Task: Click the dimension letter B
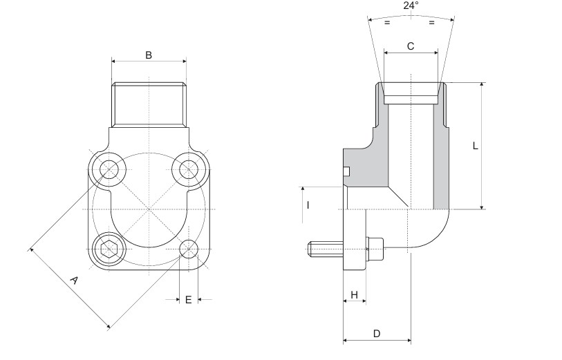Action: (x=149, y=55)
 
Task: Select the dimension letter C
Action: (x=411, y=46)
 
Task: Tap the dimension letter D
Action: (x=377, y=334)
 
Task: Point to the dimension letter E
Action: (x=188, y=299)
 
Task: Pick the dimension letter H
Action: (x=355, y=295)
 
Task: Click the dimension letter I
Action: (x=308, y=205)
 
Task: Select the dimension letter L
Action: (x=475, y=146)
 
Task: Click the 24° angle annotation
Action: (x=411, y=6)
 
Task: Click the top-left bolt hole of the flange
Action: (x=109, y=169)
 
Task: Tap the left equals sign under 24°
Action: (x=387, y=23)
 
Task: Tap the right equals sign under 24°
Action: (x=431, y=23)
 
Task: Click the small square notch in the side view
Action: (x=347, y=171)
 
